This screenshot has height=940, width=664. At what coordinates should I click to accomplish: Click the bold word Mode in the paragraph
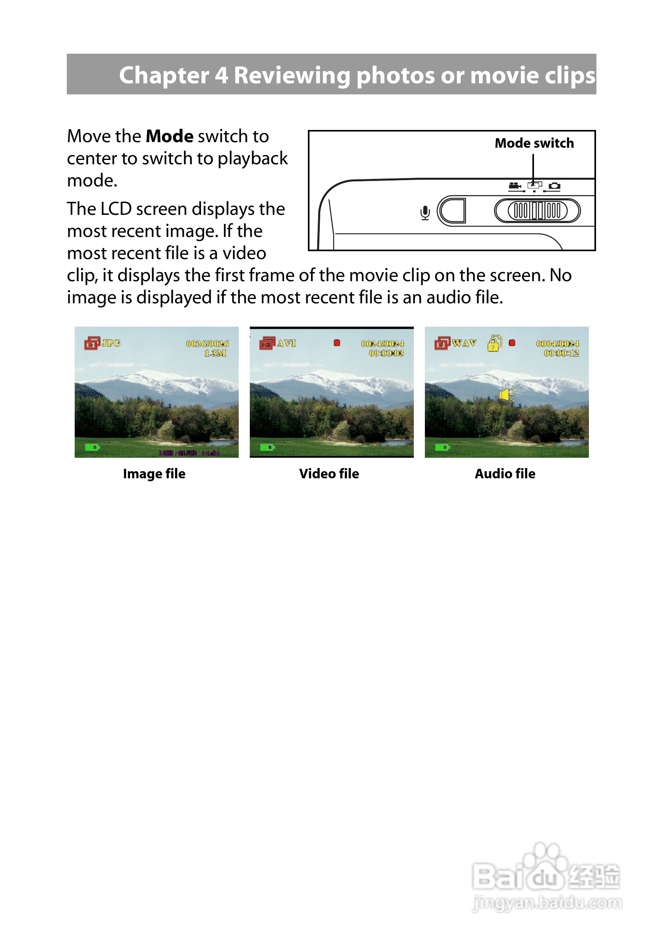coord(170,136)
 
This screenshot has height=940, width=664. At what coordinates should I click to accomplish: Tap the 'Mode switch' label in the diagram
coord(534,143)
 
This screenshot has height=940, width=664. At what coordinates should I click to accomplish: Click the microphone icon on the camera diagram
coord(425,212)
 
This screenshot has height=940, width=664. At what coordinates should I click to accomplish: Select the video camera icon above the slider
coord(515,186)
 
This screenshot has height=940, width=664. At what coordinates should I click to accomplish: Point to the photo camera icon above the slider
coord(554,186)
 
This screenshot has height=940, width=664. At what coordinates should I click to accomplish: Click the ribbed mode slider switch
coord(537,211)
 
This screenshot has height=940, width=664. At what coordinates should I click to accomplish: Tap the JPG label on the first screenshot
coord(111,343)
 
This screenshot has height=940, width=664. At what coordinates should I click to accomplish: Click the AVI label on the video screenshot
coord(286,343)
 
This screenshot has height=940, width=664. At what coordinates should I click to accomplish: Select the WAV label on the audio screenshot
coord(464,343)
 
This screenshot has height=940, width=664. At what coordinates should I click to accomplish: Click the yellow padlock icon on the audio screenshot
coord(494,343)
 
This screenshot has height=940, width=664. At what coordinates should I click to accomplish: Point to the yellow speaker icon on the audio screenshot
coord(507,395)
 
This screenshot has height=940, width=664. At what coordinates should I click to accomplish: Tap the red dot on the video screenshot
coord(337,343)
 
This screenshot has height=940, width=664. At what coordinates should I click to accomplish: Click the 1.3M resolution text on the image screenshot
coord(215,353)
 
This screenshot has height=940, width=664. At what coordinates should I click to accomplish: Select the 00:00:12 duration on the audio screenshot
coord(561,353)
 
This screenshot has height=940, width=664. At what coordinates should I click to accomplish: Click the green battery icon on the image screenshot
coord(92,447)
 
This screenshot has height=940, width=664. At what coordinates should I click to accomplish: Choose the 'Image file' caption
coord(154,474)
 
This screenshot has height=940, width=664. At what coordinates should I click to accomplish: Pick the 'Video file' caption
coord(329,474)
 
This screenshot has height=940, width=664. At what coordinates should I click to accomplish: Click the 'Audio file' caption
coord(505,474)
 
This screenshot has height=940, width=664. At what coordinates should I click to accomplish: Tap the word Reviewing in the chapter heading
coord(292,76)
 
